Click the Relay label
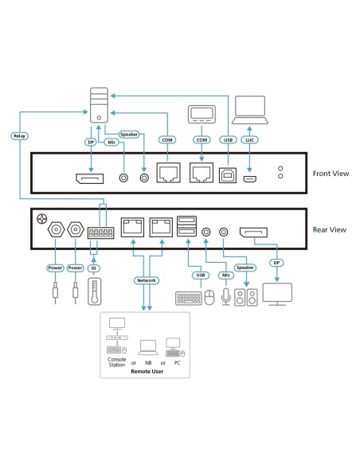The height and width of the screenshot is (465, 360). pyautogui.click(x=20, y=135)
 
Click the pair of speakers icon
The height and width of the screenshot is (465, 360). pyautogui.click(x=245, y=299)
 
